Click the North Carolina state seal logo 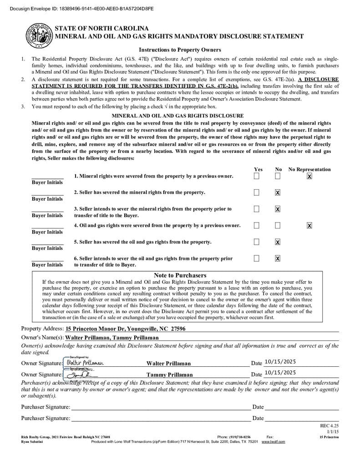[x=39, y=35]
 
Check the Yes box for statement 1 [x=257, y=176]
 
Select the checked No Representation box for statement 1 [x=309, y=176]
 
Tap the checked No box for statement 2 [x=278, y=192]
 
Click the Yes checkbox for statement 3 [x=257, y=209]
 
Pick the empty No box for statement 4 [x=278, y=225]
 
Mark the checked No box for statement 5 [x=278, y=242]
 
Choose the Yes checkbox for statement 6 [x=257, y=258]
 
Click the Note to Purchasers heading [x=180, y=275]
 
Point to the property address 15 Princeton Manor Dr [x=125, y=329]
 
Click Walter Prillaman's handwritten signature [x=85, y=363]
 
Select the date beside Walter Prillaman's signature [x=280, y=362]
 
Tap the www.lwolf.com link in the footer [x=273, y=441]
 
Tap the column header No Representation [x=309, y=169]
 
